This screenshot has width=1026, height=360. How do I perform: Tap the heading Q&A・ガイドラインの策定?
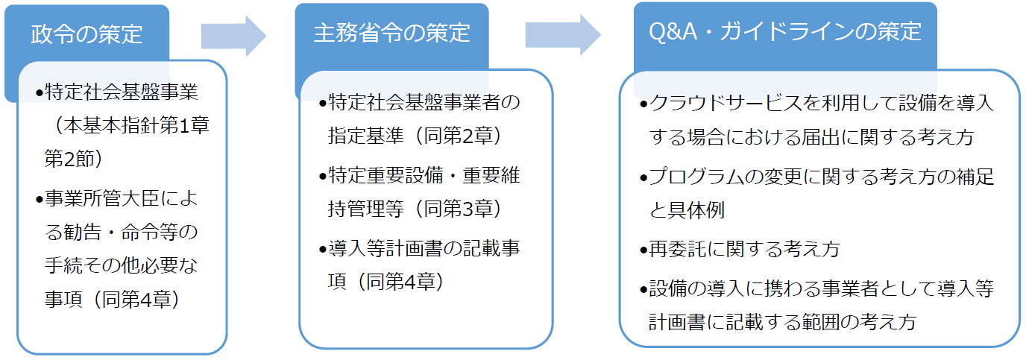pyautogui.click(x=785, y=32)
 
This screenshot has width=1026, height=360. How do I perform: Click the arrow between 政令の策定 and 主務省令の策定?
pyautogui.click(x=233, y=34)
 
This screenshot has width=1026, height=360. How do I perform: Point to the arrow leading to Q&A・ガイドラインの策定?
pyautogui.click(x=563, y=34)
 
